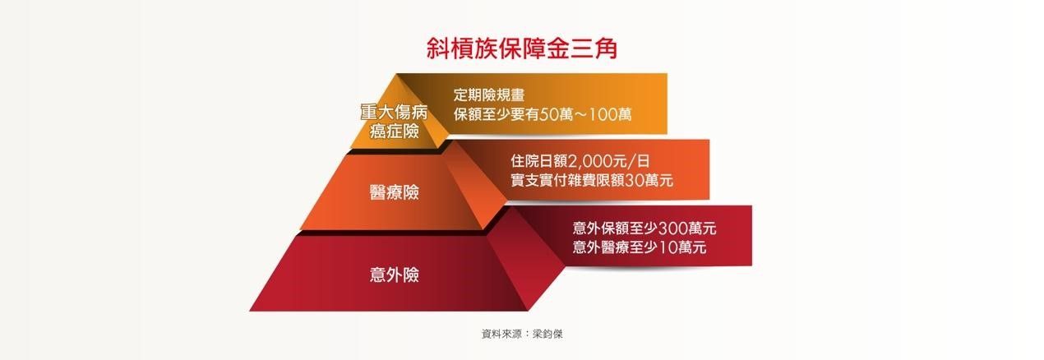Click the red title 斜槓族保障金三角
522,48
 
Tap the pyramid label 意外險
395,275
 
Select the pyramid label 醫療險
395,192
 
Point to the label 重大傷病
394,113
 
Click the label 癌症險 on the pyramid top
395,131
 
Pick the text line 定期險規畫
489,95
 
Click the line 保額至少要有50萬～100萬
543,114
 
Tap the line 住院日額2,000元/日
580,161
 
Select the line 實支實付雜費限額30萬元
592,180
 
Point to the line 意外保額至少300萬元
644,228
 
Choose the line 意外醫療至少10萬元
640,247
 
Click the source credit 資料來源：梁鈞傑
522,334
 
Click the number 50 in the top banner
549,114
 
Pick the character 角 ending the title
606,48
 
